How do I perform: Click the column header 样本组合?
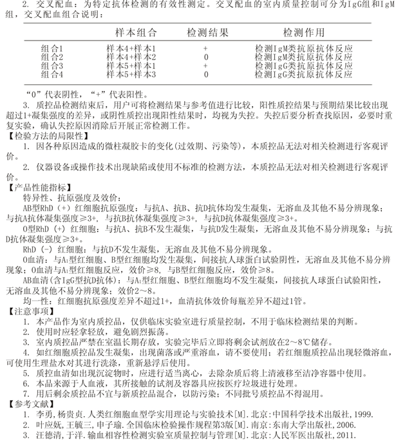(x=131, y=32)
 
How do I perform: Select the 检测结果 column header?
(x=205, y=32)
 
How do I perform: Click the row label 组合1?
(x=52, y=48)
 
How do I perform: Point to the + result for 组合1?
(x=205, y=48)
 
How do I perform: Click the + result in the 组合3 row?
(x=205, y=65)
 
